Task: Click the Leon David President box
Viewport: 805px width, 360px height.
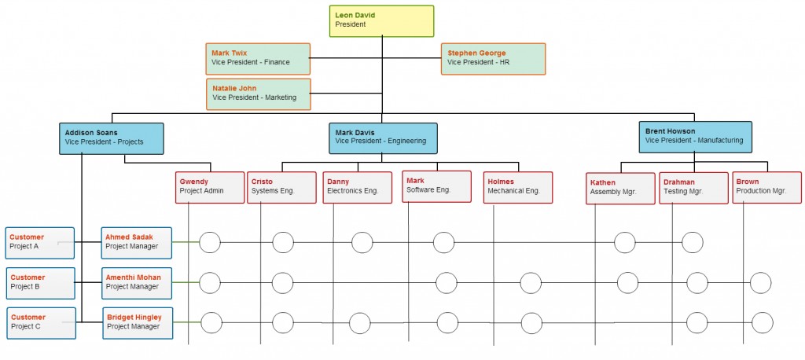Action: click(x=381, y=20)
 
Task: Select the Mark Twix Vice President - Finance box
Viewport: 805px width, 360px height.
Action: click(x=258, y=58)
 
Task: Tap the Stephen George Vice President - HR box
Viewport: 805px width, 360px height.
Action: click(x=493, y=58)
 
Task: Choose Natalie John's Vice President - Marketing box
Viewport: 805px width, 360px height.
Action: click(x=259, y=94)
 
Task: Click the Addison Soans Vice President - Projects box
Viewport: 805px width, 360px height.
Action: click(x=112, y=138)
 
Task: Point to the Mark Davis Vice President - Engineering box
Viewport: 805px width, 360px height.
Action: click(x=382, y=138)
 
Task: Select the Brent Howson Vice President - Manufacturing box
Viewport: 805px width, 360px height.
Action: click(x=695, y=137)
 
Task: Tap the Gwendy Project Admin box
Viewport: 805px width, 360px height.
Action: click(x=210, y=187)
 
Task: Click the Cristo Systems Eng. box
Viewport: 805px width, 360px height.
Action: click(x=281, y=187)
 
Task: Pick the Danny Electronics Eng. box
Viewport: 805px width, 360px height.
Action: click(x=357, y=187)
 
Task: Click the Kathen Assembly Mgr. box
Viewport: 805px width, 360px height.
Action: click(x=620, y=188)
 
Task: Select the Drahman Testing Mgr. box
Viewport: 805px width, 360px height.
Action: click(x=688, y=188)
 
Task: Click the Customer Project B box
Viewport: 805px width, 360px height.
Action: click(x=41, y=282)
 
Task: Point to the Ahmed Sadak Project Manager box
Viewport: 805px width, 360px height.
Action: click(x=137, y=242)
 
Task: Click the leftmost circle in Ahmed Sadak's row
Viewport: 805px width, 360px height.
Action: click(x=210, y=242)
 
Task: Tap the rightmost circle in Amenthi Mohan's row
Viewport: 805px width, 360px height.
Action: click(x=761, y=282)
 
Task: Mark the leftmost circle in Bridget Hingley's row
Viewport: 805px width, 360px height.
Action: click(x=211, y=322)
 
